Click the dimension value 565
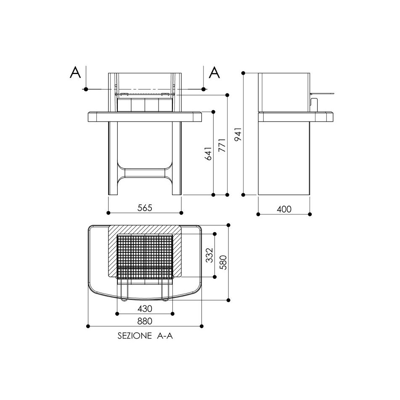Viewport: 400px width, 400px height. click(x=145, y=207)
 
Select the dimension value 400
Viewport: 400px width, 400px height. click(x=284, y=209)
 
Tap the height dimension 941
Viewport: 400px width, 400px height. click(x=238, y=134)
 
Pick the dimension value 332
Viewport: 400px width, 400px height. click(x=209, y=255)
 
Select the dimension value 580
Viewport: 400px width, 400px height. click(x=223, y=262)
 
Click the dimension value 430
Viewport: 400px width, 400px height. click(x=145, y=308)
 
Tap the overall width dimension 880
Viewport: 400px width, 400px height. click(x=145, y=321)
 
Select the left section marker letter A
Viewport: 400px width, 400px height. click(x=75, y=73)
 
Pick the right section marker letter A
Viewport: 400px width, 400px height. click(x=214, y=73)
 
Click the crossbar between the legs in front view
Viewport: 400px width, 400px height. click(x=145, y=173)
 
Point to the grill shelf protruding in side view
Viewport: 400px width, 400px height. click(x=322, y=93)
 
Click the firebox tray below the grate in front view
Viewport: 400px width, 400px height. click(x=145, y=104)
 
